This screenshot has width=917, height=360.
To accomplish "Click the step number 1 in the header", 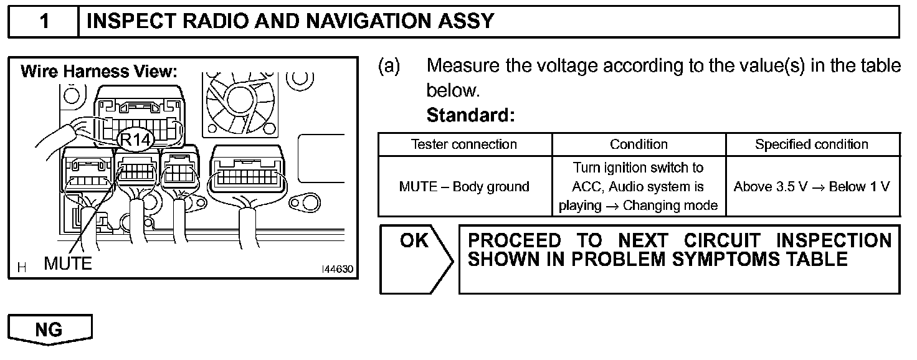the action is [x=44, y=22].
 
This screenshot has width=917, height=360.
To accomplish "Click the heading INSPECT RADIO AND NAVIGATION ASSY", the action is [x=290, y=22].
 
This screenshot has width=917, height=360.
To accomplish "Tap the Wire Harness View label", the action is [x=99, y=72].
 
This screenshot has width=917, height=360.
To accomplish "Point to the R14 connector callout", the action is [x=135, y=140].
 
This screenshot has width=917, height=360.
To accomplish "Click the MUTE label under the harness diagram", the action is [x=68, y=263].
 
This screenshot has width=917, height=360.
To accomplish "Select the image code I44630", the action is [x=337, y=270].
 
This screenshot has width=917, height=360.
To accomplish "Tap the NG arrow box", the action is [x=49, y=329].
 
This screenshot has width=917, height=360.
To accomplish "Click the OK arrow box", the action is [x=414, y=258].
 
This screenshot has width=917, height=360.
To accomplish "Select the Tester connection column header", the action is [x=464, y=144].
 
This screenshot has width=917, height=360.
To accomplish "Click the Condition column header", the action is [x=639, y=144].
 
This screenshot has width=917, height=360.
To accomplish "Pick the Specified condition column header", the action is [x=812, y=144].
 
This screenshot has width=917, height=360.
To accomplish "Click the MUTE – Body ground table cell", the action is [x=464, y=186].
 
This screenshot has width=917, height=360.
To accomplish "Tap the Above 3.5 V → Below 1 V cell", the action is [x=812, y=186].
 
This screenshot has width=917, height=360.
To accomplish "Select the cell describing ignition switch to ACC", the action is [x=639, y=186].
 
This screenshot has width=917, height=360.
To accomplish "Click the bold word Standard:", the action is [x=471, y=115].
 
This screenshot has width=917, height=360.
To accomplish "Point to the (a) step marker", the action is [x=389, y=66].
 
